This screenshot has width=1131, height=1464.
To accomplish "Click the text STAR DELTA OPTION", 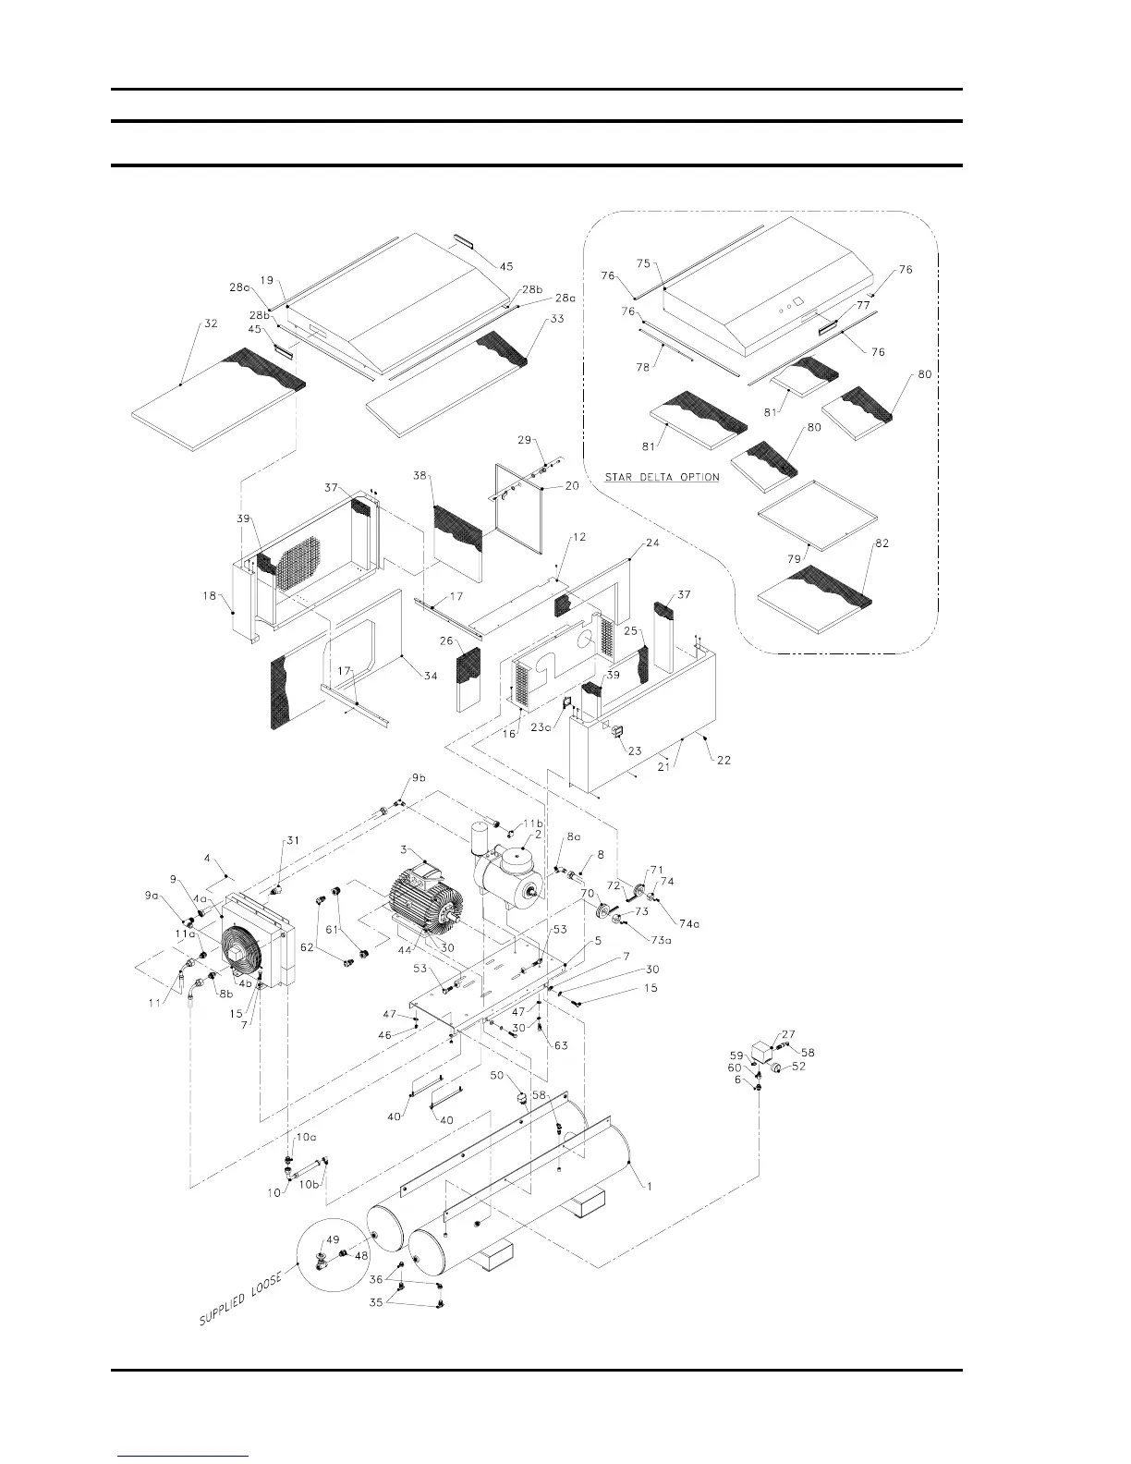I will click(662, 478).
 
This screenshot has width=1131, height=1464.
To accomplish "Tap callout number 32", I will click(211, 324).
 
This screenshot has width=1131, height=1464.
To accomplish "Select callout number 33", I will click(556, 319).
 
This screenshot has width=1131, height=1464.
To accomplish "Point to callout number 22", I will click(724, 760).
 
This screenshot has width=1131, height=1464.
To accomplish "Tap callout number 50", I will click(496, 1076).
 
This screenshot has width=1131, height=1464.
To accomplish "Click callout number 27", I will click(788, 1034).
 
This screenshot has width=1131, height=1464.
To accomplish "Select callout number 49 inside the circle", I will click(333, 1240).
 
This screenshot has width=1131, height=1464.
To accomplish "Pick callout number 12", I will click(579, 537).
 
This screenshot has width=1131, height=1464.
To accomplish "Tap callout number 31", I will click(293, 840).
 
